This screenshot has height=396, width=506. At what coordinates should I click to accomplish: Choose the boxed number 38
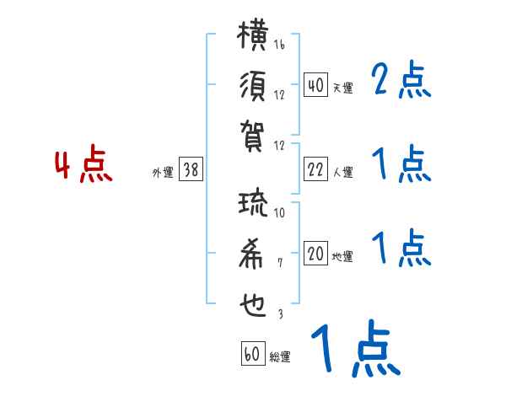coord(191,170)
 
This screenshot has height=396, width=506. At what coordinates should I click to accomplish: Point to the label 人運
coord(342,173)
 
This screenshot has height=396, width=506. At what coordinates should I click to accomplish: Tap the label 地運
coord(342,257)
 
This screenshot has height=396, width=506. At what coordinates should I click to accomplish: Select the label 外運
coord(163,173)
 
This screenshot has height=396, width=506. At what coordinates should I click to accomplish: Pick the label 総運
coord(280,356)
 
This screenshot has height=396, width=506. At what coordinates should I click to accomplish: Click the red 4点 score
coord(83,167)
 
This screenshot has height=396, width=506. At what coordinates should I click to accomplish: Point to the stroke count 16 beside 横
coord(279,45)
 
